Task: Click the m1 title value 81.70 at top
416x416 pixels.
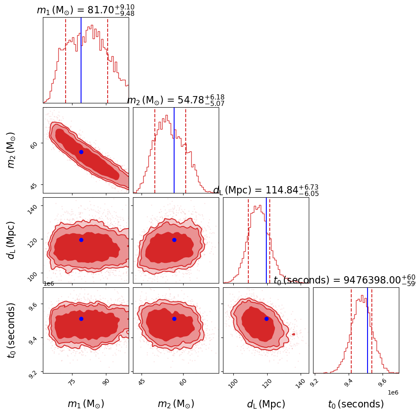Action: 86,11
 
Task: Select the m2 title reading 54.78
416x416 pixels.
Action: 176,101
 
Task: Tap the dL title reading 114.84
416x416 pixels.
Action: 266,190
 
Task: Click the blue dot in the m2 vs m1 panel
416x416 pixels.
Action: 81,152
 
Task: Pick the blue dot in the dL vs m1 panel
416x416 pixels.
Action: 81,240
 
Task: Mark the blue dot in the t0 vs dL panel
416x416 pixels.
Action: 266,319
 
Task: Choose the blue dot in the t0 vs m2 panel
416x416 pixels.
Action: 174,319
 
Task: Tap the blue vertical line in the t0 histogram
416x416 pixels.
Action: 368,330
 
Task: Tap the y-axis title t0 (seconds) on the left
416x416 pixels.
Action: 12,330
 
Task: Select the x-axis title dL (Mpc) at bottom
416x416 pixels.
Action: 266,404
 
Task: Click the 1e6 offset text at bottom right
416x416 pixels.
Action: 393,392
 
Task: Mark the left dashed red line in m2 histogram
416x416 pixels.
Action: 155,150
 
